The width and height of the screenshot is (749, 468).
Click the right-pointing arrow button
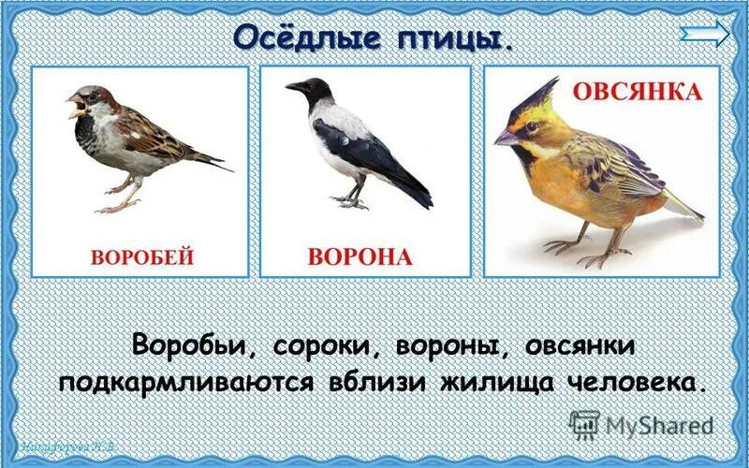(x=705, y=35)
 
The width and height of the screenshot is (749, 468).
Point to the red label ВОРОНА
(x=360, y=256)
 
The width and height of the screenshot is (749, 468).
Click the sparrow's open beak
(x=74, y=104)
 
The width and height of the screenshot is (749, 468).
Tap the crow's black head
(x=314, y=91)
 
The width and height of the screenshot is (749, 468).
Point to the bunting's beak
(x=506, y=138)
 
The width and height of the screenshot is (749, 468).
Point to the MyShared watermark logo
(x=641, y=426)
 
